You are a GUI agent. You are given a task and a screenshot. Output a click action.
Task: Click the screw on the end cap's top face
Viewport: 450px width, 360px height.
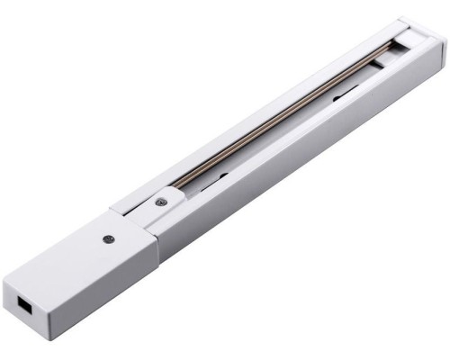click(107, 238)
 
